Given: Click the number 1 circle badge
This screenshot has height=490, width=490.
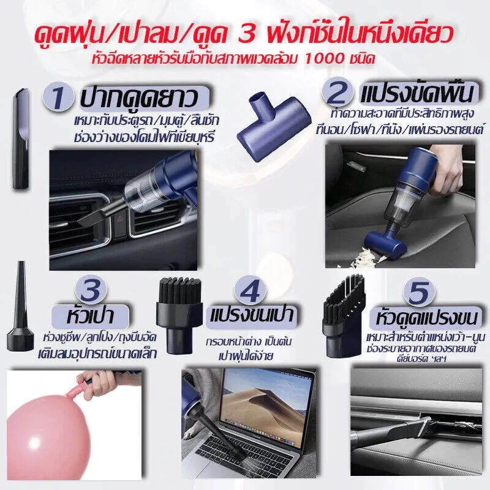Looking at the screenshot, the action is tap(58, 97).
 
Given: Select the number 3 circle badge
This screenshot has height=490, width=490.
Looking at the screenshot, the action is tap(91, 290).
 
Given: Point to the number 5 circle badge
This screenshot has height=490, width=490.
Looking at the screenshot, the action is tap(420, 293).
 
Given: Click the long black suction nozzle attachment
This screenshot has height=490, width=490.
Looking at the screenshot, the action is tap(21, 138).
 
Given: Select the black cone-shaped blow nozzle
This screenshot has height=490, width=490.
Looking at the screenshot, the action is tap(20, 307).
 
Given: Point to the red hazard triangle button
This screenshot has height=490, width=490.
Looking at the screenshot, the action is tap(120, 220).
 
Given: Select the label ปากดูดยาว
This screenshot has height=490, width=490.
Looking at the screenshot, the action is tap(139, 98).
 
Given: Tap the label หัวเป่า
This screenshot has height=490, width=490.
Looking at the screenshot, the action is tap(90, 316).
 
